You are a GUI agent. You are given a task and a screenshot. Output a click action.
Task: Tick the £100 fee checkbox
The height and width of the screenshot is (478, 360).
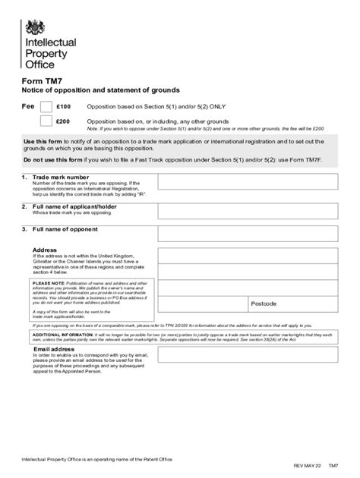click(x=46, y=107)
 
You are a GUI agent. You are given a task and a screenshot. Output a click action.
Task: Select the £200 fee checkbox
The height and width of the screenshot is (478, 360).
click(x=46, y=121)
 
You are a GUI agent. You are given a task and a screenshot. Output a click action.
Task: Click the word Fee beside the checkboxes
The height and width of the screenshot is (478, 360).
click(x=27, y=107)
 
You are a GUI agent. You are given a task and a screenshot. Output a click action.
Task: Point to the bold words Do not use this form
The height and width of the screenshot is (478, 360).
click(x=52, y=160)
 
